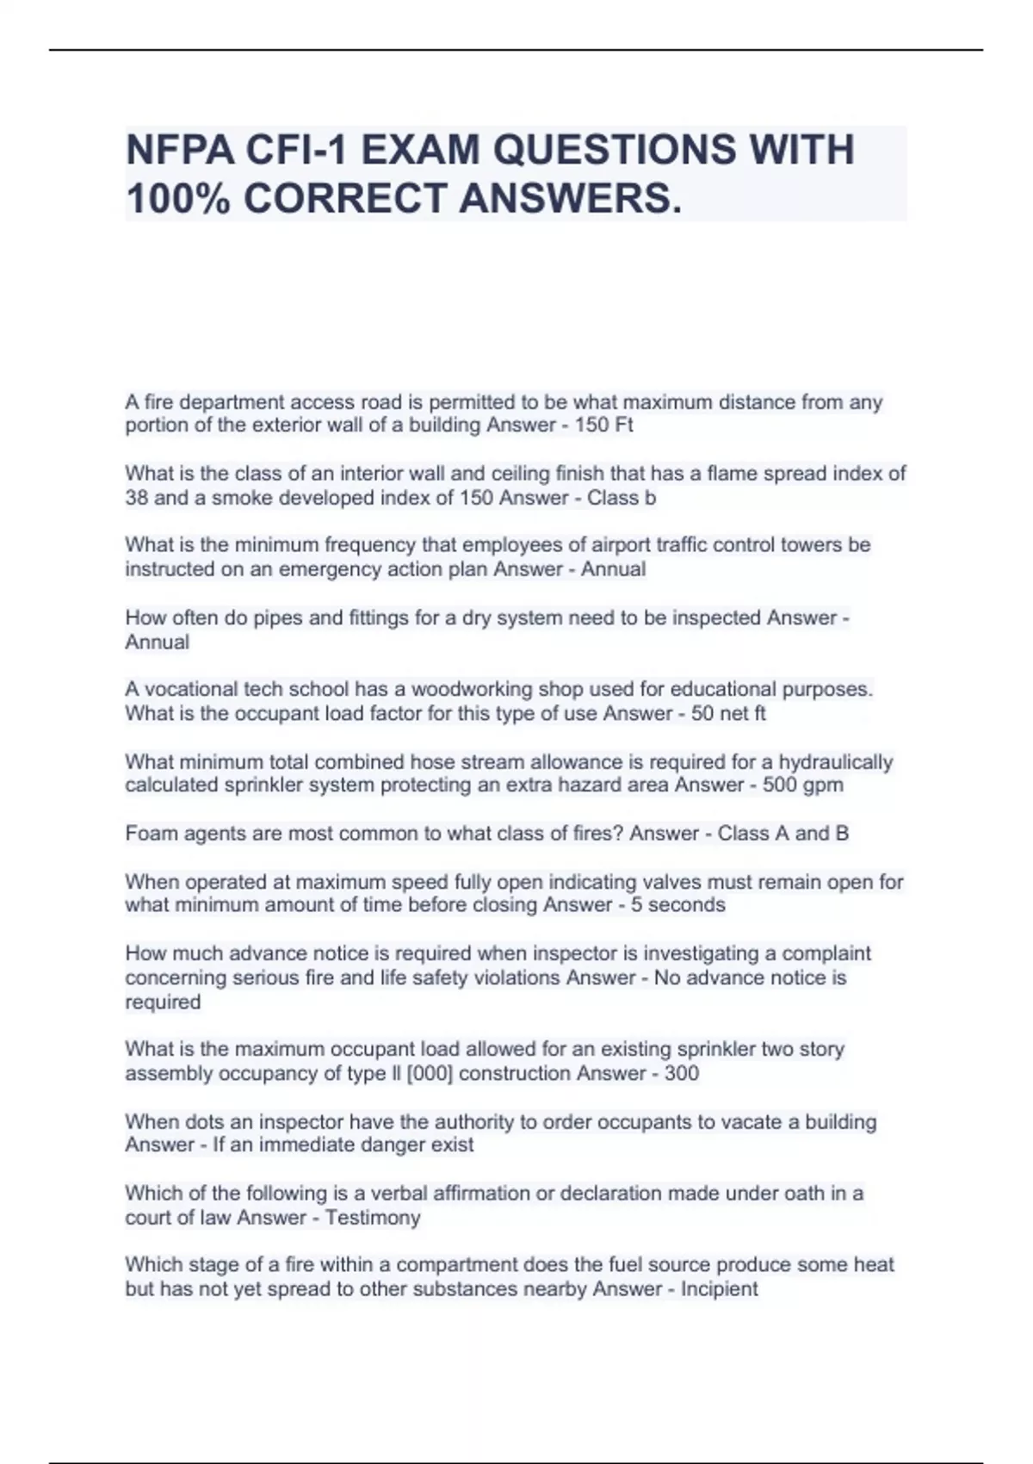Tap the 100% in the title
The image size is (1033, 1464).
177,199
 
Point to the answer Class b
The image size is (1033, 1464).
622,498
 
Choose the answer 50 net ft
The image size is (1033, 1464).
728,714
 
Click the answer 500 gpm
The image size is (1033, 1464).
803,785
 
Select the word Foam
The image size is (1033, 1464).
148,834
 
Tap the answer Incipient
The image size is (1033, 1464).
720,1289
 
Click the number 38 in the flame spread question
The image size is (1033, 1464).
136,498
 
